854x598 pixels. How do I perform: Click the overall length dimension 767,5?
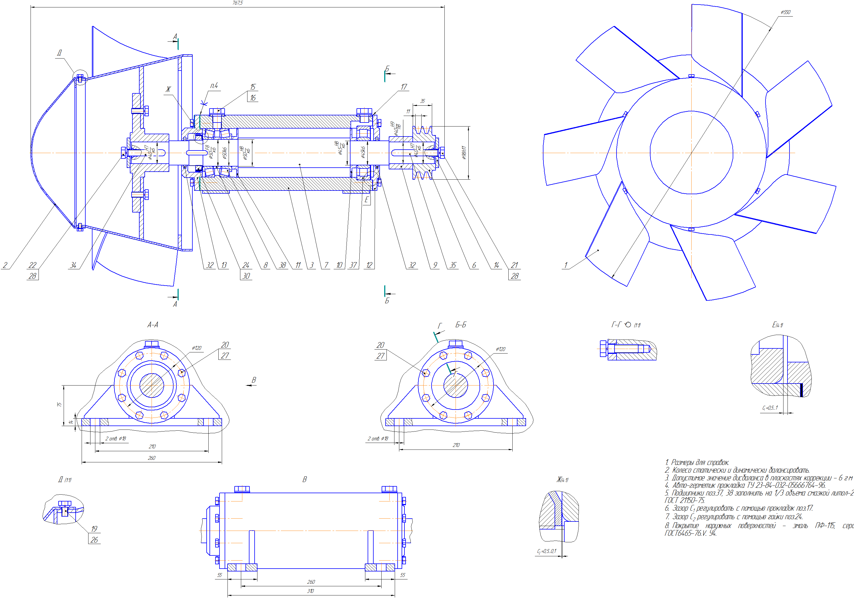237,3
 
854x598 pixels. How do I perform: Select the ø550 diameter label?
785,12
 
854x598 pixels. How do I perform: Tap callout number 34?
73,265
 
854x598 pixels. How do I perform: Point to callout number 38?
283,265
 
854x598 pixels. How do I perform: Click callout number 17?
404,87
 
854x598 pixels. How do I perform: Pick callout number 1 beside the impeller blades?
566,265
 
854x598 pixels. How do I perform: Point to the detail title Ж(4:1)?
562,480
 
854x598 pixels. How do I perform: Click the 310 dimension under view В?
310,591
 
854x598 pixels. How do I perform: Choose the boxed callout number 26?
94,539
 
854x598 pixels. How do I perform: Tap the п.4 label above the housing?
214,86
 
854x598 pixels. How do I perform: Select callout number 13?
224,265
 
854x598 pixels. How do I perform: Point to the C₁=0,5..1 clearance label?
770,408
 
